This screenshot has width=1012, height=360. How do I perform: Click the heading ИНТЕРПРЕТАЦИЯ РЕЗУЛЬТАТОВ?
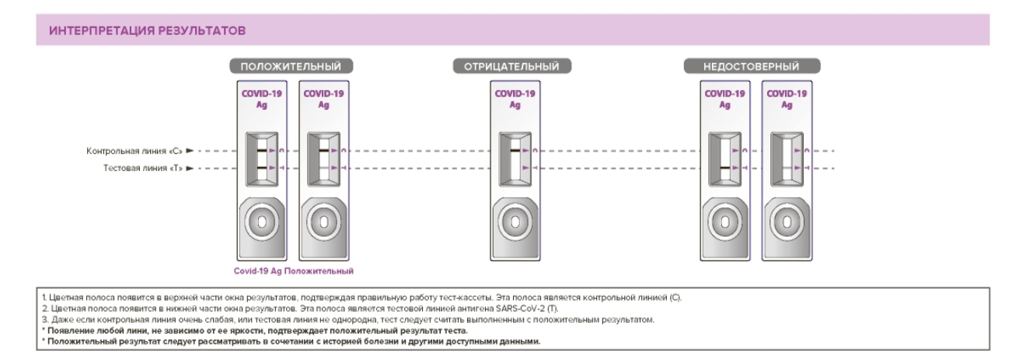point(148,31)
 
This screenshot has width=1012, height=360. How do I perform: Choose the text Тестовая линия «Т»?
point(140,168)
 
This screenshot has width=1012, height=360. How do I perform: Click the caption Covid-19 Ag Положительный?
point(295,271)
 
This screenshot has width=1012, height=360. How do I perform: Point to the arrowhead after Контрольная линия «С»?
point(189,151)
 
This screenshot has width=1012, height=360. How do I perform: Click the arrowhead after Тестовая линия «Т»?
point(189,168)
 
